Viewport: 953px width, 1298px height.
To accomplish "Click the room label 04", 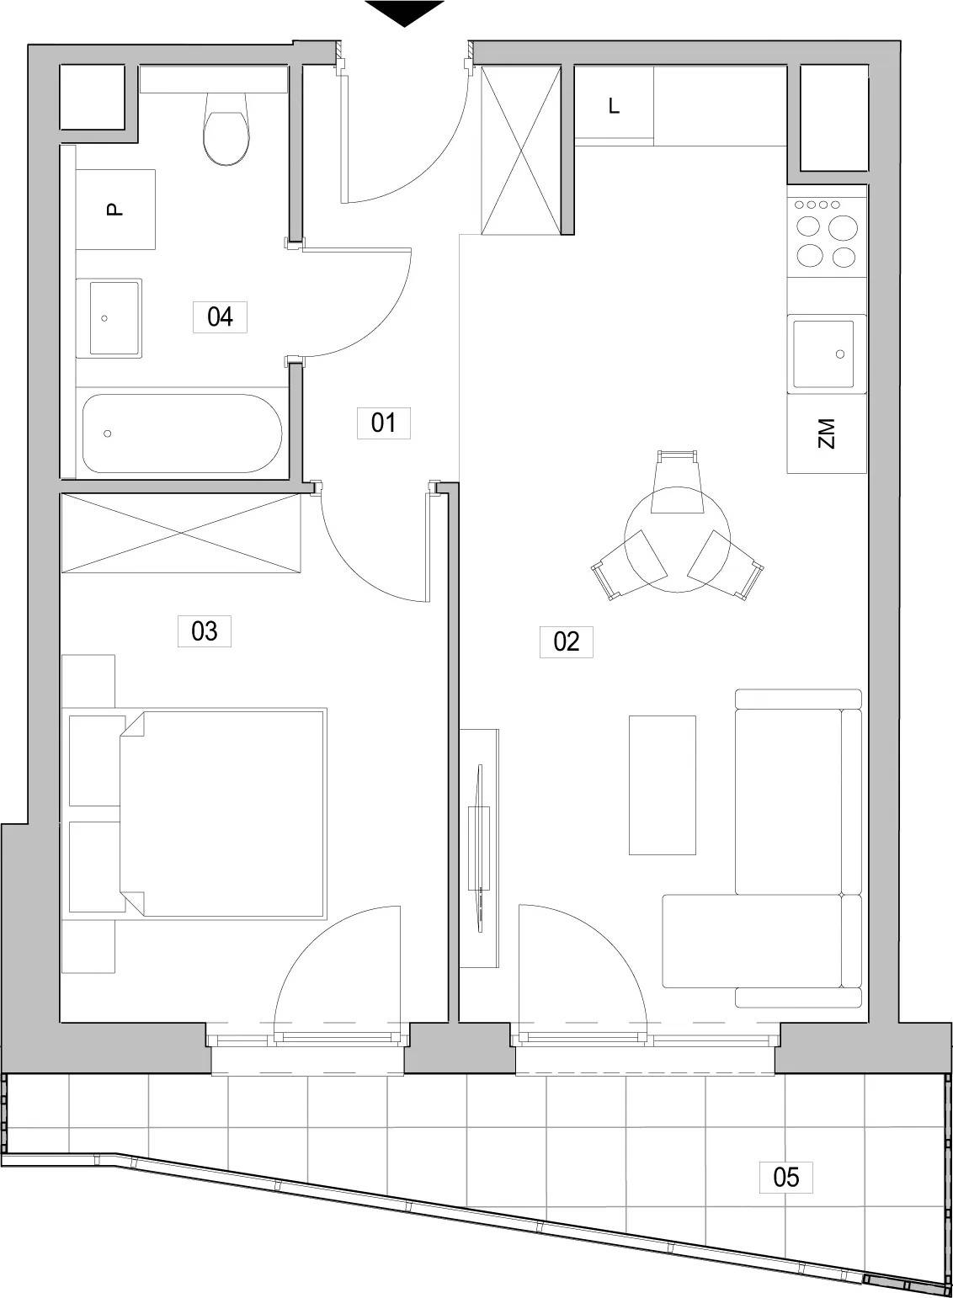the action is point(220,317).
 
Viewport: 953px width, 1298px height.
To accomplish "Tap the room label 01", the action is point(383,423).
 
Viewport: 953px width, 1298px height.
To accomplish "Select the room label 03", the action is point(204,631).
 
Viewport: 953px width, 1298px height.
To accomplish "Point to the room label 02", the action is point(566,641).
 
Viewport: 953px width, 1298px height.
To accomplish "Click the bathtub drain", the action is point(107,434).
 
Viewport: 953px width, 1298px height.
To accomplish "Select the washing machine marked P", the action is point(115,210).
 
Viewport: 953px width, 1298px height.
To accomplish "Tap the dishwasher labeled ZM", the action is point(827,434).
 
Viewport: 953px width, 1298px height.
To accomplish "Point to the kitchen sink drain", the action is point(840,354).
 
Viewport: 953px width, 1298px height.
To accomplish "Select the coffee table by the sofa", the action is point(662,785).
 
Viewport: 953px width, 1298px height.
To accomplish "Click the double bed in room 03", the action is point(222,814).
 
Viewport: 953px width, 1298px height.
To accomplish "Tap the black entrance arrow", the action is point(404,13).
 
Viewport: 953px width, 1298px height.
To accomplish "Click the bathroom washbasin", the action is point(109,318).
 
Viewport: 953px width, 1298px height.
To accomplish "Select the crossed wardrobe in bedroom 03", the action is point(182,533).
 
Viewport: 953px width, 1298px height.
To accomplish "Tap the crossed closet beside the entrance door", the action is point(522,150).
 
